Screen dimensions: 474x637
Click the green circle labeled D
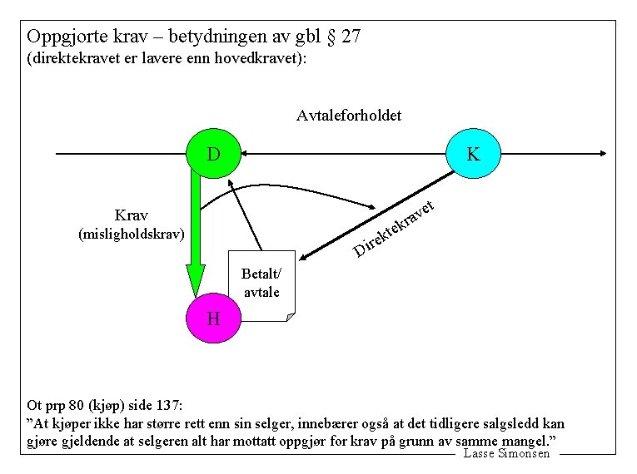tap(214, 154)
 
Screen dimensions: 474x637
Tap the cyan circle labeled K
tap(473, 154)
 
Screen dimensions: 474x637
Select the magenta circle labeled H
tap(213, 318)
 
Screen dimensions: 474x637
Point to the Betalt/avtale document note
tap(261, 284)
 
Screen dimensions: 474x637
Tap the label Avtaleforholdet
tap(349, 116)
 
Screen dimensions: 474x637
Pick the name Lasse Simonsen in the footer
tap(506, 453)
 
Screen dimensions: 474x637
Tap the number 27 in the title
tap(351, 37)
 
